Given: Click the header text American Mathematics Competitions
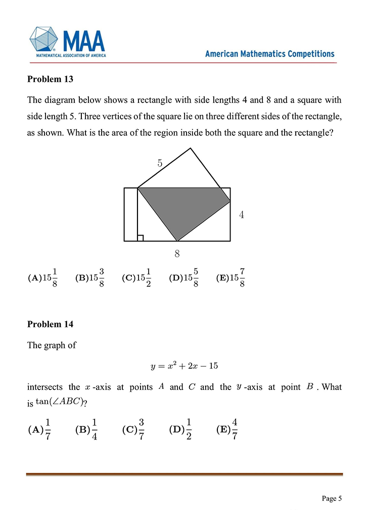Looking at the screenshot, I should [269, 54].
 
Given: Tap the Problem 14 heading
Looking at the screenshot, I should [50, 324].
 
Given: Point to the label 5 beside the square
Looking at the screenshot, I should [160, 163].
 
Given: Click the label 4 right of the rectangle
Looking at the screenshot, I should [242, 215].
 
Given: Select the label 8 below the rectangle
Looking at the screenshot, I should [177, 253].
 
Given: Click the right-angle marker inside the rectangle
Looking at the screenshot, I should [141, 238].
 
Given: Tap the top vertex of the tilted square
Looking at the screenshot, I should [191, 148].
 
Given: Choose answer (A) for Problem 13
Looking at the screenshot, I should [42, 278].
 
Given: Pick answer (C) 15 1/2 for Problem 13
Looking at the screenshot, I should [136, 278].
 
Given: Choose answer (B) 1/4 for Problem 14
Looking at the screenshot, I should [87, 429].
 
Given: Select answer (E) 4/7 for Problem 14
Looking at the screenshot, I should [227, 429].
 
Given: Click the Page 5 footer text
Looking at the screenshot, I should [332, 498].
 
